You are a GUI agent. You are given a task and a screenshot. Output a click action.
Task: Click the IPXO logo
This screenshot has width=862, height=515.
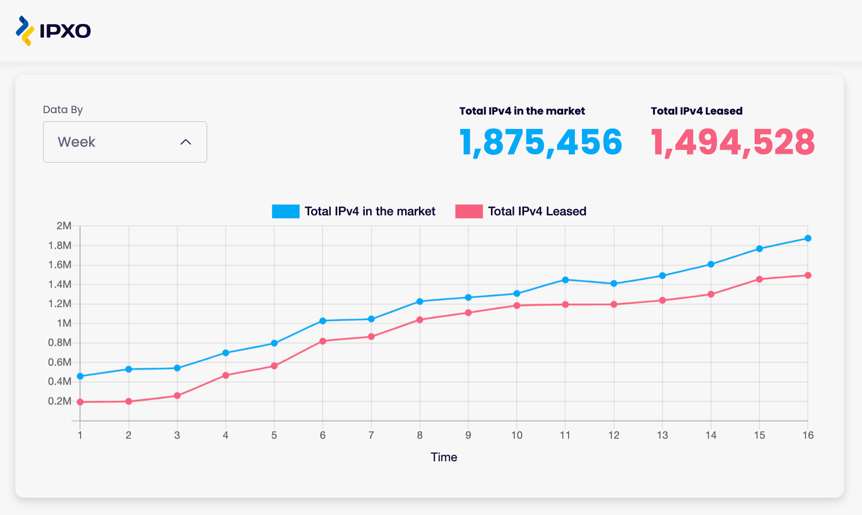53,31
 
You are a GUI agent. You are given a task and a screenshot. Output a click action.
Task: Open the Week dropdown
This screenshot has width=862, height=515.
125,142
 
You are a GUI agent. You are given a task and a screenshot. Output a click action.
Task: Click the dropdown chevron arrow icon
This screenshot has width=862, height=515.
186,142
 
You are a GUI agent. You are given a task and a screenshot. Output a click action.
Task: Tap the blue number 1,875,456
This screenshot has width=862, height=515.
541,142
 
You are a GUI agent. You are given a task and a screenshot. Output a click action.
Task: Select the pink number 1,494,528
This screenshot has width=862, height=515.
733,142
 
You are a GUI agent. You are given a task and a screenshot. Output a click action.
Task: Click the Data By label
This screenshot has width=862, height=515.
63,110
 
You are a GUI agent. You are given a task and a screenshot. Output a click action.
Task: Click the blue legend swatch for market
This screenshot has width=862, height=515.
286,211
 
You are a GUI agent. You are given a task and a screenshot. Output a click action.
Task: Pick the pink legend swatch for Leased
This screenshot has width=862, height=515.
469,211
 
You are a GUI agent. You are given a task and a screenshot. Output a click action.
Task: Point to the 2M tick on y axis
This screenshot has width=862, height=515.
64,226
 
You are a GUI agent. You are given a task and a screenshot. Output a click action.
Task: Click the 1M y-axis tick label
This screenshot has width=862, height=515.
64,323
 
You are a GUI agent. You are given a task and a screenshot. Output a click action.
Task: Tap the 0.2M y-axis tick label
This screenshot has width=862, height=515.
59,401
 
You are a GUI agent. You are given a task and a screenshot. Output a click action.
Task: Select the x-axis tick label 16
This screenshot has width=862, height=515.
808,435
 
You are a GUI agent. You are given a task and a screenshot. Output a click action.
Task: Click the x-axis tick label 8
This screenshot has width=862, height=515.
419,435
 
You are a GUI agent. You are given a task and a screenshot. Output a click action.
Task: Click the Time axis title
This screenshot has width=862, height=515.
444,457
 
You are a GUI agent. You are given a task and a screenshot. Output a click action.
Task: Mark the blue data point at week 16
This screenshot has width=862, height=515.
808,238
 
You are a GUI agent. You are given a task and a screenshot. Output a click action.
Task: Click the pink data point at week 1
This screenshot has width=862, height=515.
80,402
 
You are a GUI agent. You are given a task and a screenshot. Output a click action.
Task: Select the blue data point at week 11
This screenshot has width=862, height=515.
565,280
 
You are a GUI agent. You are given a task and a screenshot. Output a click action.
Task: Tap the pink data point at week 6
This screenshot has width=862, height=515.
323,341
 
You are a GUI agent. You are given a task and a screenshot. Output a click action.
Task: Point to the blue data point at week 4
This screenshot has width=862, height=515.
226,353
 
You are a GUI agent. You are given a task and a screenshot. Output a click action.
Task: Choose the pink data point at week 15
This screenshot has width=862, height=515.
759,279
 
